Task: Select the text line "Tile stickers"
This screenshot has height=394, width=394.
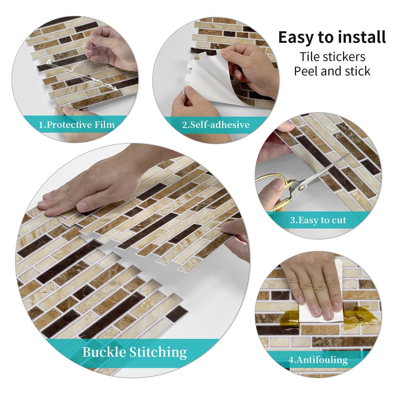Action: point(332,57)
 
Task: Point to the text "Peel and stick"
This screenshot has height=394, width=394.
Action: point(332,71)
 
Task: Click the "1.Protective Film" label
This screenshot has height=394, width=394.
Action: point(77,124)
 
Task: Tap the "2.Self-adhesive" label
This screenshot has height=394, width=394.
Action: point(215,125)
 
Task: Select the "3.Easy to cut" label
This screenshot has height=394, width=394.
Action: point(318,220)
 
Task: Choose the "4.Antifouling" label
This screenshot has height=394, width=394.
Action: point(318,360)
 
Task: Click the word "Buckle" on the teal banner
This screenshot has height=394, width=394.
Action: point(104,352)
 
